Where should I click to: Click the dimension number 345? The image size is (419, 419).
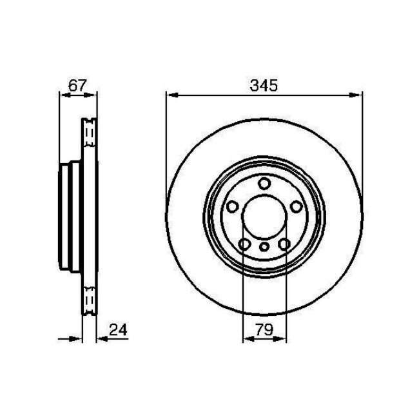[264, 86]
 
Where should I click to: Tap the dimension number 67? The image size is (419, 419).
[77, 85]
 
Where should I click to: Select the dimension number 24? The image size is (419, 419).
[119, 329]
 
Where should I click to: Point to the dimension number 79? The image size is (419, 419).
[264, 329]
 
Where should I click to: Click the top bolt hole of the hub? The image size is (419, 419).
[264, 184]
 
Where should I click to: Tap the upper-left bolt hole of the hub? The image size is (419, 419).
[232, 207]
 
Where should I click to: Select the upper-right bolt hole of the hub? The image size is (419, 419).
[297, 207]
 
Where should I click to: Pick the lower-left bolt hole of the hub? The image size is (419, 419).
[244, 244]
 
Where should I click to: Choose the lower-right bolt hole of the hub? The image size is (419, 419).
[284, 244]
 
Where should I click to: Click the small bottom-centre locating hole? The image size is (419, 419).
[264, 247]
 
